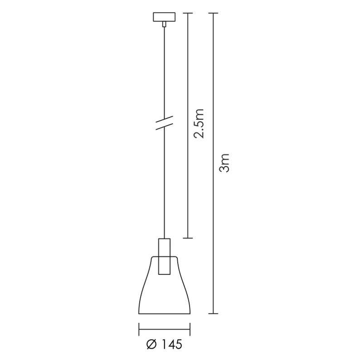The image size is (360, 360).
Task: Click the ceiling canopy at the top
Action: coord(164,17)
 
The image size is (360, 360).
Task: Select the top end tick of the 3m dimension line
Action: coord(213,13)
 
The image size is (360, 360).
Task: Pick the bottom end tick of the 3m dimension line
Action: coord(213,313)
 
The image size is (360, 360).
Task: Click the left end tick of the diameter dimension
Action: coord(138,330)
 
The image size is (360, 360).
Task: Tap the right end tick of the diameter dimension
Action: coord(190,330)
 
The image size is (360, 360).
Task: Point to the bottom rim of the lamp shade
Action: coord(164,313)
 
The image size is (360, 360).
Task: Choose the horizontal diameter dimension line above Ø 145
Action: coord(164,330)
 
